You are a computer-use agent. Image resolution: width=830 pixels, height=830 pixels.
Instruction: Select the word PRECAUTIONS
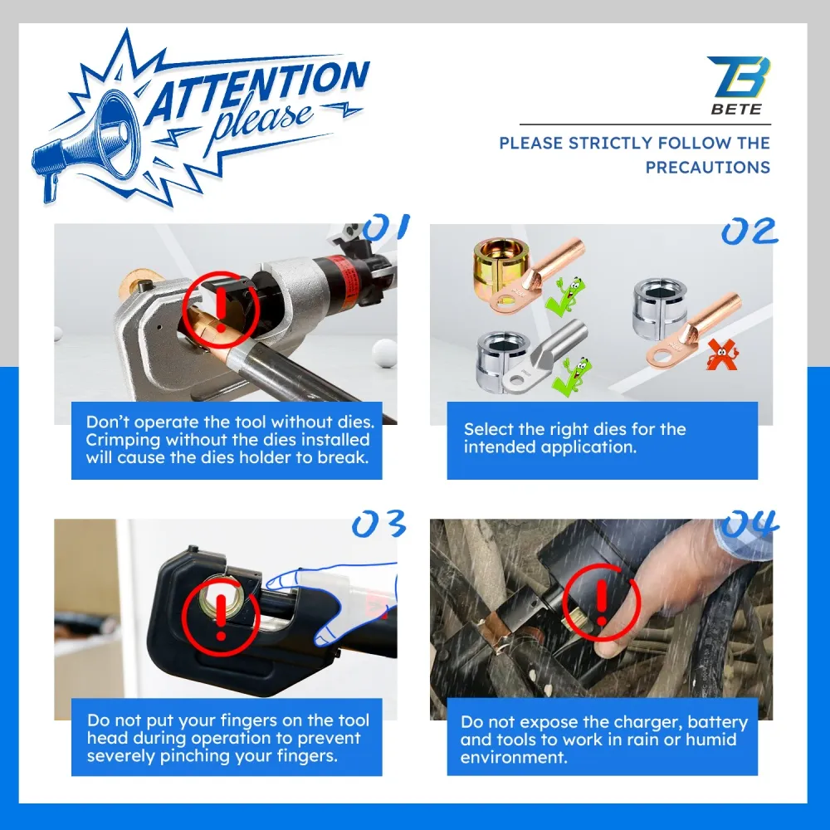click(x=708, y=168)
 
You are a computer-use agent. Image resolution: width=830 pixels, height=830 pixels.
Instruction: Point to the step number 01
click(x=386, y=227)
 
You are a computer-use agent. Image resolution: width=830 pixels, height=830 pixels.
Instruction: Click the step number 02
click(x=749, y=232)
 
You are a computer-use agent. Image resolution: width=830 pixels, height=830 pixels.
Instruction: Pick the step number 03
click(x=379, y=524)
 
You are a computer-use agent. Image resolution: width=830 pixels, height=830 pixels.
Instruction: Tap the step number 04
click(x=749, y=524)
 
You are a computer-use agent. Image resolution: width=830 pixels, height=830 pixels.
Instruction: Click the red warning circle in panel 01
click(x=221, y=310)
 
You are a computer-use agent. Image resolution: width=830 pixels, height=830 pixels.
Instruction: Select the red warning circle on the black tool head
click(x=221, y=617)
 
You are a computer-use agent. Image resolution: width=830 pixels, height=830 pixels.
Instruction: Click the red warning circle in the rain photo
click(x=601, y=603)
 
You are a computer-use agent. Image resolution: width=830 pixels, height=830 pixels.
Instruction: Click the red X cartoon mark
click(x=722, y=354)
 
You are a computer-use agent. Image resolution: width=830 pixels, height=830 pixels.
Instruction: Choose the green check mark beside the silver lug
click(x=572, y=376)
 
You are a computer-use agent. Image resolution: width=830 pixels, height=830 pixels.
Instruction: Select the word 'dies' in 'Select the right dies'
click(x=608, y=429)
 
